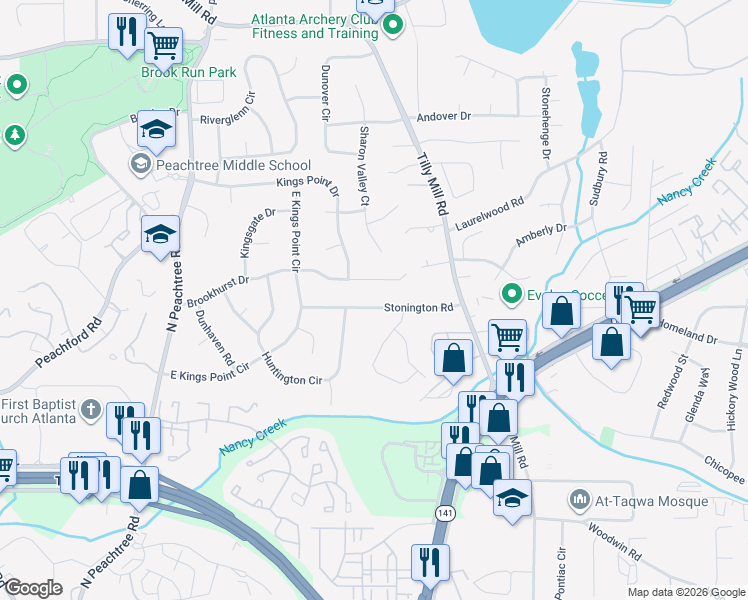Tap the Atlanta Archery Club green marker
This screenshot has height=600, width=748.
point(393,27)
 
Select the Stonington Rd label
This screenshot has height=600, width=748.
point(419,308)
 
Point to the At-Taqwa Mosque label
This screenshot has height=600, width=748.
point(652,501)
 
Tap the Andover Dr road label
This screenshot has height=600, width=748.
point(444,117)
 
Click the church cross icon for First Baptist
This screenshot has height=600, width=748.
point(90,408)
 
